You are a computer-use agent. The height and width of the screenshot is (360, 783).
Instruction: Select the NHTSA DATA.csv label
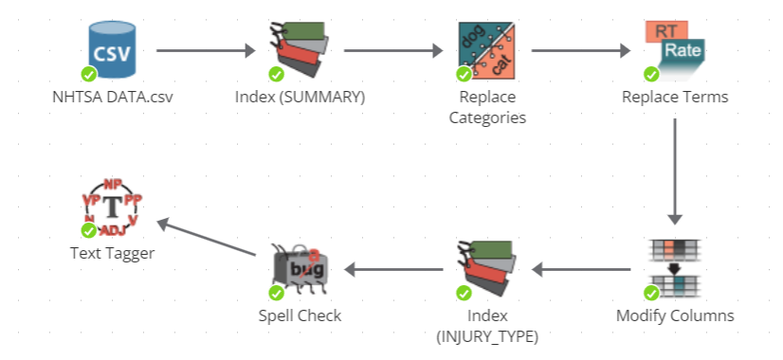[112, 97]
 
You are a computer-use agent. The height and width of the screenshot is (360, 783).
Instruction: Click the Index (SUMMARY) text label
[300, 97]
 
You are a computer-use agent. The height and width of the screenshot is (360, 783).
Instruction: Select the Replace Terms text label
[675, 97]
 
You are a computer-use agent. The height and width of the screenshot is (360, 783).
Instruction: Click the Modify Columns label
[675, 315]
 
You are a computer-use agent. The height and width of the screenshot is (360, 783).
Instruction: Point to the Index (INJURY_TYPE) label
[487, 325]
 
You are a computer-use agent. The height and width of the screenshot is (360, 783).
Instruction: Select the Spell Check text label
[300, 315]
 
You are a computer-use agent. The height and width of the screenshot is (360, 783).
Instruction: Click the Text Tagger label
[112, 253]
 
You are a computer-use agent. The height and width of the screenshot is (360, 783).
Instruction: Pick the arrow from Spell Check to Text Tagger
[208, 238]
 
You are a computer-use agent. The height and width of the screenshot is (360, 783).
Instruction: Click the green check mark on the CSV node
[88, 73]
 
